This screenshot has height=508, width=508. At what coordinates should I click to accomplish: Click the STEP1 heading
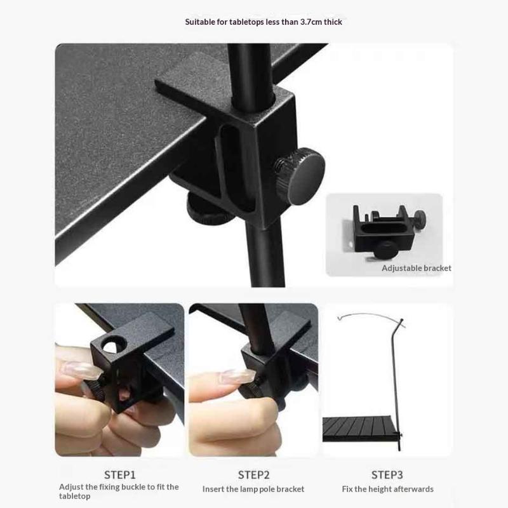coord(119,474)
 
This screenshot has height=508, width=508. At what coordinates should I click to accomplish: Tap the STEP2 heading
coord(253,474)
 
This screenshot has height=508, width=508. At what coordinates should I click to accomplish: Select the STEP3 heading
coord(387,474)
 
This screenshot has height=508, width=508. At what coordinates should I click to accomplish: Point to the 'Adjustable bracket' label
coord(417,268)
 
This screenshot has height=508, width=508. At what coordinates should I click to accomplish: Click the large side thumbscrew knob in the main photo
coord(301,176)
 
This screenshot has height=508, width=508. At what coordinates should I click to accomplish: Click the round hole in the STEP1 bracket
coord(114,344)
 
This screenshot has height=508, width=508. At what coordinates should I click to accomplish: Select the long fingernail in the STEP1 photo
coord(81,370)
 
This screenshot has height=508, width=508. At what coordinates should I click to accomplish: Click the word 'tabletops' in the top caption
coord(246,22)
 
